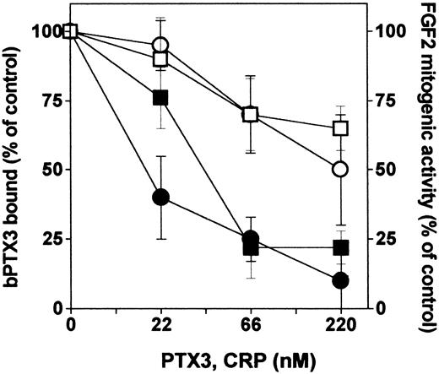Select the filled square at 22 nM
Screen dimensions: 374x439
tap(160, 98)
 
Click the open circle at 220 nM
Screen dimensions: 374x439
tap(340, 169)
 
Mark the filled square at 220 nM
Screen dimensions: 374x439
tap(340, 247)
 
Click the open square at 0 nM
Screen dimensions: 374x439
tap(70, 31)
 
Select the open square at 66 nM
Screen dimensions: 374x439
tap(251, 114)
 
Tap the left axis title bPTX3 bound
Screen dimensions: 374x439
tap(14, 169)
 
